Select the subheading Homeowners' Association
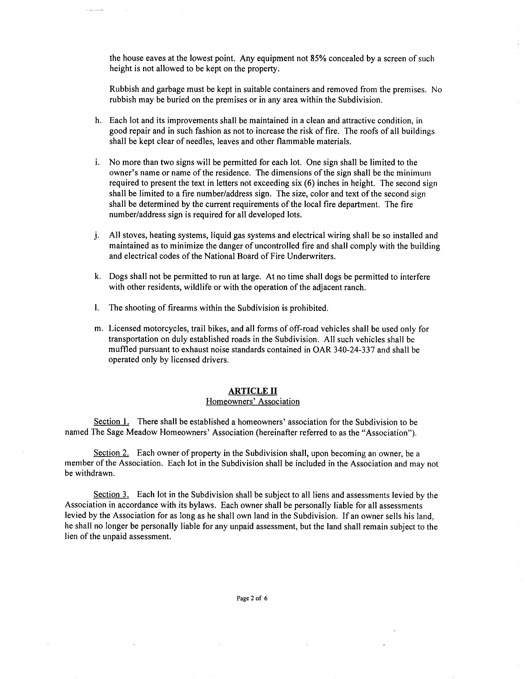[x=253, y=401]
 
